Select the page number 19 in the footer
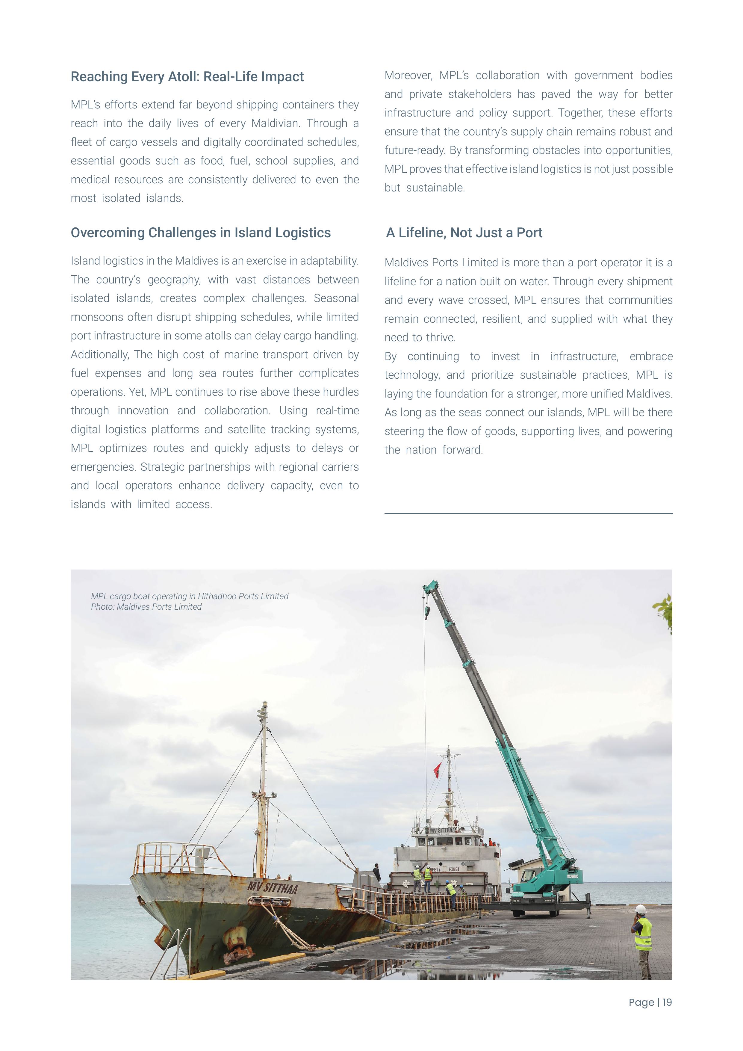667,1002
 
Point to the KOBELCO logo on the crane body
573,876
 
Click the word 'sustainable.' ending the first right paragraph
435,188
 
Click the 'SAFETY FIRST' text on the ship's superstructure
444,869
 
